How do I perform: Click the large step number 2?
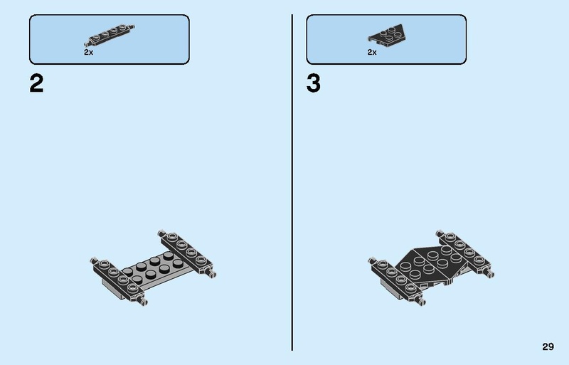click(36, 83)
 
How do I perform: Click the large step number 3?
click(314, 83)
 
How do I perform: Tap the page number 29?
click(548, 347)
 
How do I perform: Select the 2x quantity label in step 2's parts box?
click(88, 53)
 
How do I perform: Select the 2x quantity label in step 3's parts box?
click(372, 53)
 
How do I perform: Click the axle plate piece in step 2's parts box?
click(112, 34)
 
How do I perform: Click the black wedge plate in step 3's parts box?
click(387, 36)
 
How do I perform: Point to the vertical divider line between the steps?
click(292, 182)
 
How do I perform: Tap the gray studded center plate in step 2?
click(156, 270)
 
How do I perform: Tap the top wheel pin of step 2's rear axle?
click(162, 233)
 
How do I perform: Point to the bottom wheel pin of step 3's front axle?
click(420, 301)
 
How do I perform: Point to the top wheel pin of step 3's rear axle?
click(440, 233)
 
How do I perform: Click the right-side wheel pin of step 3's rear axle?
click(489, 273)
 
